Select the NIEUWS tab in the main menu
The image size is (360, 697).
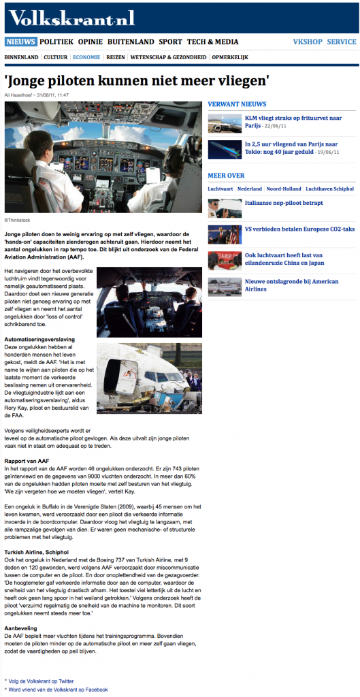[x=20, y=42]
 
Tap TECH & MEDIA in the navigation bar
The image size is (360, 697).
[x=212, y=42]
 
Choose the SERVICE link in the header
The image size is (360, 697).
[x=341, y=42]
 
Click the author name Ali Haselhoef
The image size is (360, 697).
[x=23, y=95]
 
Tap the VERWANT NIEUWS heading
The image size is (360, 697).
[x=237, y=104]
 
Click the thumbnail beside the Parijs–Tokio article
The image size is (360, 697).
[x=224, y=149]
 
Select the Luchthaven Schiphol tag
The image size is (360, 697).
[x=329, y=188]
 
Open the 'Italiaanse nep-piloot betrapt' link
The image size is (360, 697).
[x=284, y=203]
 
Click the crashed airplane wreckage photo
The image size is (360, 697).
[x=149, y=375]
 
